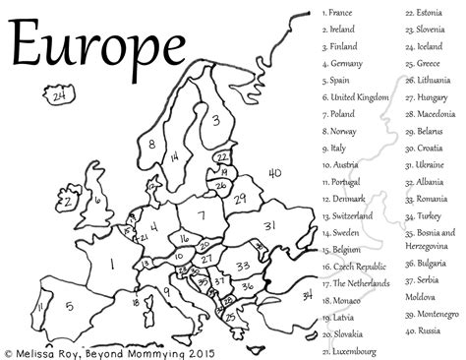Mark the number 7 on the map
click(202, 215)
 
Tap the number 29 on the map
click(239, 200)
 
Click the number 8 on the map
click(152, 146)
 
